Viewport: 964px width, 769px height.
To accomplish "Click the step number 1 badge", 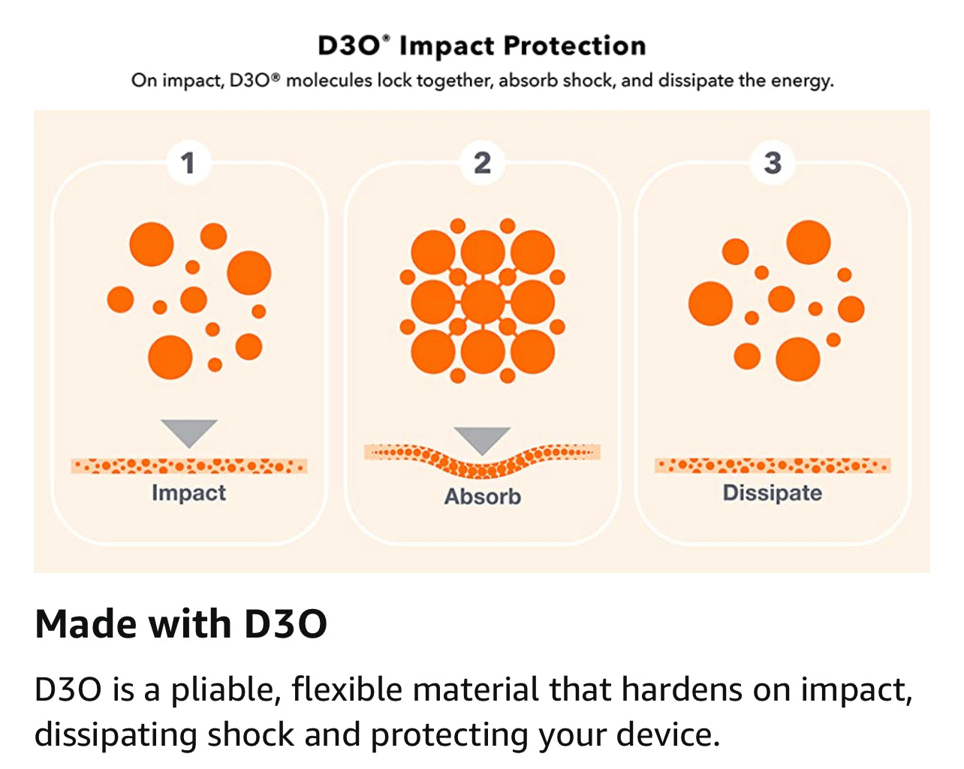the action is coord(188,163).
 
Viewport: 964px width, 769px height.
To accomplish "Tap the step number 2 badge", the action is coord(482,163).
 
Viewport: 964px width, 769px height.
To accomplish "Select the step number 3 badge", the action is coord(773,163).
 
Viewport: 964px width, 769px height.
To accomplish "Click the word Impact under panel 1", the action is coord(188,493).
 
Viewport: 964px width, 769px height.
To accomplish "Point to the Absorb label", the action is coord(483,496).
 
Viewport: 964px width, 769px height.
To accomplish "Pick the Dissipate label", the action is coord(773,493).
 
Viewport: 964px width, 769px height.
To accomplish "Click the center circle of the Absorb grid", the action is coord(483,302).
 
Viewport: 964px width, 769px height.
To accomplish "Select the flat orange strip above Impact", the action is coord(189,466).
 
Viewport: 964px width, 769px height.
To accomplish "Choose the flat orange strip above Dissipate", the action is coord(773,466).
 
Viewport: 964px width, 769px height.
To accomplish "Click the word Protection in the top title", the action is coord(574,46).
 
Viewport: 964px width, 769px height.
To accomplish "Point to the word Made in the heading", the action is coord(86,623).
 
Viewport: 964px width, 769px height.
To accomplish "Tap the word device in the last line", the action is coord(668,735).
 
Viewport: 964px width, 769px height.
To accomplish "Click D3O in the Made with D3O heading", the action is coord(285,624).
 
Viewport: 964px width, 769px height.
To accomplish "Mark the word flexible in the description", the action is coord(347,689).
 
